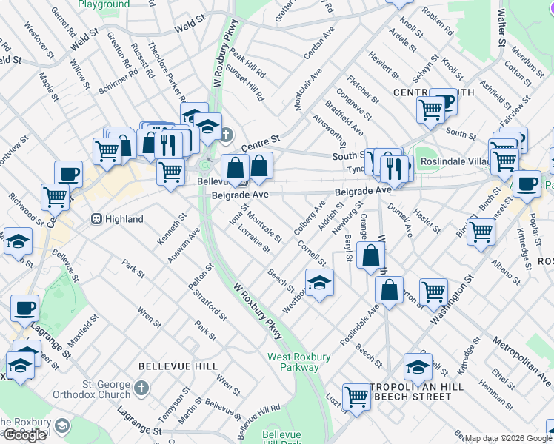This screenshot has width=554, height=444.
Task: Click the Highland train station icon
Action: (96, 219)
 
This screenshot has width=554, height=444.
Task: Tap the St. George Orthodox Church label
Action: (96, 389)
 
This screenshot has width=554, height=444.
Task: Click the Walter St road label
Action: (501, 27)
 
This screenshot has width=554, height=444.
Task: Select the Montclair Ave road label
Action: (308, 90)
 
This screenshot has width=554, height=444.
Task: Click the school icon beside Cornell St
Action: (319, 283)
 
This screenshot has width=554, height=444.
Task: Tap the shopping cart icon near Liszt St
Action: (357, 397)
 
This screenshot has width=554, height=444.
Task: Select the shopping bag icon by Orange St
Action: (370, 257)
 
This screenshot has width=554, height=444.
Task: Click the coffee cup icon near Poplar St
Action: (527, 184)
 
